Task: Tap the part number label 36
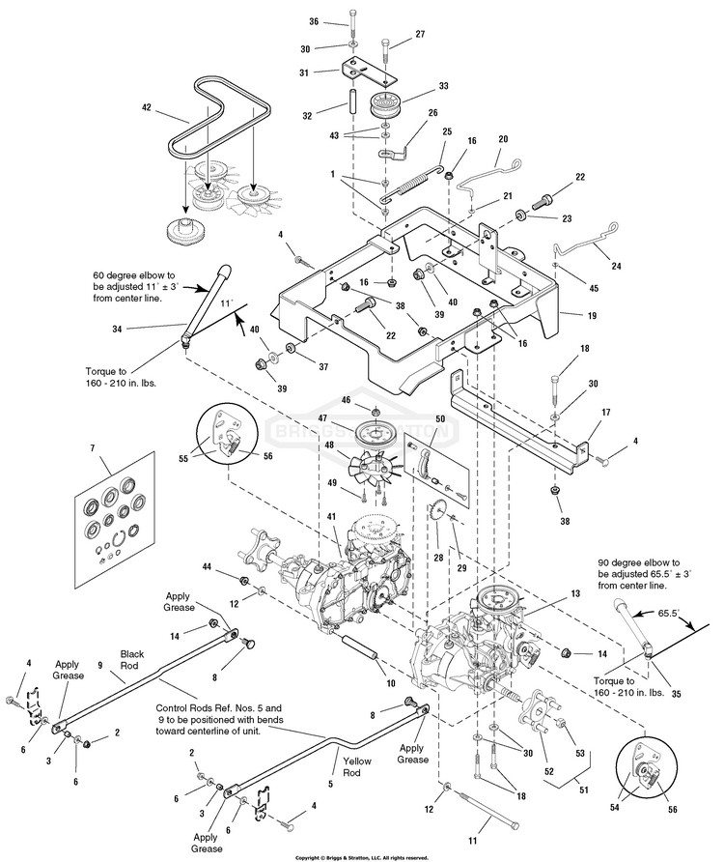pos(314,21)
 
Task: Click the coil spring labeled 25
pos(413,181)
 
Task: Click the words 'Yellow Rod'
pos(356,767)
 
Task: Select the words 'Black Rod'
pos(132,660)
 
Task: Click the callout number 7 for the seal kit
pos(92,448)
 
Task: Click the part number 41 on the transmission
pos(330,516)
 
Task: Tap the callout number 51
pos(583,790)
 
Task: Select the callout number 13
pos(575,593)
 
